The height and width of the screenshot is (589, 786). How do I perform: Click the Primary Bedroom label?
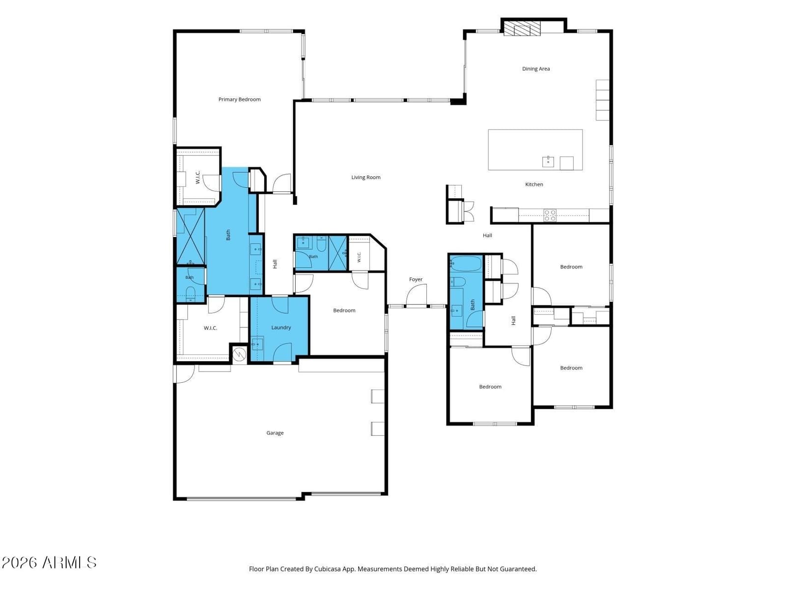tap(239, 100)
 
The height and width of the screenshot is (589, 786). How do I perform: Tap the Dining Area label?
tap(535, 69)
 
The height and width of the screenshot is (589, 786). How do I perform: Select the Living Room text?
tap(365, 177)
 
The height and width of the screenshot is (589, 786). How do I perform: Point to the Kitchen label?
tap(534, 184)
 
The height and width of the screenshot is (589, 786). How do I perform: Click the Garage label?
tap(275, 433)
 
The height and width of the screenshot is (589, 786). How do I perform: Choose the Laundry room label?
tap(281, 327)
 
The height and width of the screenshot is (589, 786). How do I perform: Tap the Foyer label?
tap(416, 279)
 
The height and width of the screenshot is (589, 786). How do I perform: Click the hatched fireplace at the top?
tap(522, 28)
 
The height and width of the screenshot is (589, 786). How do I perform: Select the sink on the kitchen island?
tap(548, 161)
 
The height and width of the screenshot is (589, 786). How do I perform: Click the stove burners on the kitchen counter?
tap(550, 215)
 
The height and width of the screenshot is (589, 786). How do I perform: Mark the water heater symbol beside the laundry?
tap(240, 354)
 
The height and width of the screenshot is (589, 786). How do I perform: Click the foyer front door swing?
tap(417, 295)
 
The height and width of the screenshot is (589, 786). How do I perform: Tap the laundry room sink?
tap(257, 345)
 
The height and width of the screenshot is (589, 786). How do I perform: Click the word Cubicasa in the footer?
tap(327, 568)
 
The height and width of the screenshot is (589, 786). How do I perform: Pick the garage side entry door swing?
tap(184, 374)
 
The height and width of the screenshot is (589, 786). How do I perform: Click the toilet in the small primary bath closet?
tap(190, 293)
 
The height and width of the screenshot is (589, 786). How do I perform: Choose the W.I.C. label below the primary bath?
tap(210, 328)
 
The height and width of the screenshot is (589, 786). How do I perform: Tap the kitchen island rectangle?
tap(535, 150)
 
